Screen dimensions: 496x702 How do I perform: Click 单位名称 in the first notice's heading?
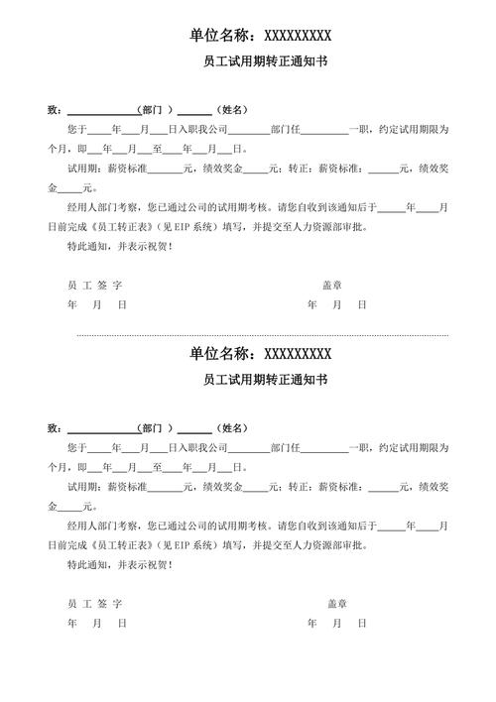click(222, 36)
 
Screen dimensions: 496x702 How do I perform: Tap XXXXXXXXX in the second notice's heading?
click(298, 354)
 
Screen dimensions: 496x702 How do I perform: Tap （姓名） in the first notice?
click(231, 109)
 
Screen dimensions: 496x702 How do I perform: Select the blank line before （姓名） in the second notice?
click(195, 427)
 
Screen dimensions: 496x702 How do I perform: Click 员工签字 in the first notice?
click(95, 285)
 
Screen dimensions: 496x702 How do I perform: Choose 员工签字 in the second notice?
click(95, 603)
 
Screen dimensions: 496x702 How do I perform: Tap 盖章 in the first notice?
click(332, 285)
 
